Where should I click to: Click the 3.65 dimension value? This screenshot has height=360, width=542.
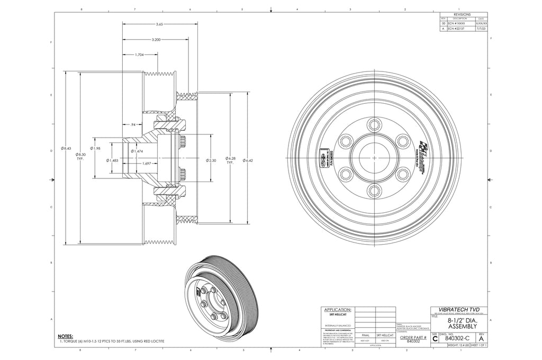pyautogui.click(x=159, y=24)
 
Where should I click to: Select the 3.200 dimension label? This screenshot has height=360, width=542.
pyautogui.click(x=156, y=40)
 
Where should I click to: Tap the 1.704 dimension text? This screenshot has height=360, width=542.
pyautogui.click(x=140, y=55)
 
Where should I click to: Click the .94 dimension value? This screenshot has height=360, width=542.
pyautogui.click(x=133, y=125)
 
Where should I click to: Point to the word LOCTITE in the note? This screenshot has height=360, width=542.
pyautogui.click(x=156, y=341)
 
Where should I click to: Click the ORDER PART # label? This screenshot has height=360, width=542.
pyautogui.click(x=413, y=337)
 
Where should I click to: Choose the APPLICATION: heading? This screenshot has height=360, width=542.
pyautogui.click(x=337, y=309)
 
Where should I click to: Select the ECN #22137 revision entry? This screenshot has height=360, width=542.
pyautogui.click(x=456, y=30)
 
